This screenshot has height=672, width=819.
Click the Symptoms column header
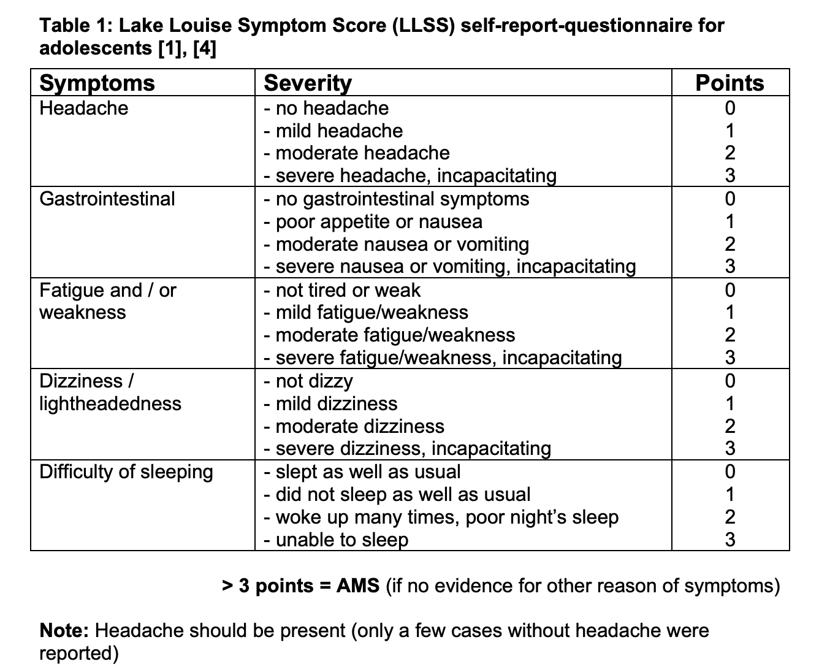pos(97,83)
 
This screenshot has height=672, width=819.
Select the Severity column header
pos(308,83)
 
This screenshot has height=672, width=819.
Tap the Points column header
pos(729,83)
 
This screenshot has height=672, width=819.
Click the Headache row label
pos(84,108)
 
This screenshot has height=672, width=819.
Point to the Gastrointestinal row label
pos(107,199)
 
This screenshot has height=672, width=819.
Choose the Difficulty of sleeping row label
pos(126,472)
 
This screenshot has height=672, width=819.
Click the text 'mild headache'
pos(339,131)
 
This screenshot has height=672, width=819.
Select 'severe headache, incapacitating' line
pos(410,175)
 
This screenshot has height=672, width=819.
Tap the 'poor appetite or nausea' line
pos(373,221)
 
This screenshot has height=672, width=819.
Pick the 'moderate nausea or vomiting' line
pos(396,244)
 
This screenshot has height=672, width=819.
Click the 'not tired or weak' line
pos(342,290)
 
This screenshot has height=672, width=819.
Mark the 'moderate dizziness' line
pos(354,426)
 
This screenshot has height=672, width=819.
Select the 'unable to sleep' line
pos(336,540)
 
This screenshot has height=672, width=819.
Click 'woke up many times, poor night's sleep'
pos(441,517)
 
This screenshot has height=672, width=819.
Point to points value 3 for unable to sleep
pos(729,540)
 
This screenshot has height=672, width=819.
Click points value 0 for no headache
pos(729,108)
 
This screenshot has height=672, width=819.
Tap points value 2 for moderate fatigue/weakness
pos(729,335)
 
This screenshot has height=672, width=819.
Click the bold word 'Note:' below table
pos(65,630)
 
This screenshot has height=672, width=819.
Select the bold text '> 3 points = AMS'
pos(300,586)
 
